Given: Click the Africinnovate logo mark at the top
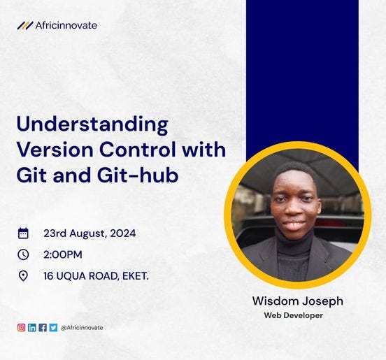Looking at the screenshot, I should click(x=25, y=26).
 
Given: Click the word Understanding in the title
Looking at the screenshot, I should click(x=92, y=126).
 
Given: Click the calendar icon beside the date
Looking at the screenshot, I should click(x=23, y=233).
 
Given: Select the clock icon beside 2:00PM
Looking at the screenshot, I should click(x=23, y=254).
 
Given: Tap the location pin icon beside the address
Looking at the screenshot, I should click(x=23, y=275).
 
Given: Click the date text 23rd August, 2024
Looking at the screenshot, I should click(x=90, y=233).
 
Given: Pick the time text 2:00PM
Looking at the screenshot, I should click(x=62, y=254).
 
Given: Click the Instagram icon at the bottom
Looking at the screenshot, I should click(x=21, y=327).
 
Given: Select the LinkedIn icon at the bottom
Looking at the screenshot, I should click(x=31, y=327).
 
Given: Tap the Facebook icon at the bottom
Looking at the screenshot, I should click(x=42, y=327).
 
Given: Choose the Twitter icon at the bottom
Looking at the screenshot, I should click(x=52, y=327).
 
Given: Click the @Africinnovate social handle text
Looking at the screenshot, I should click(x=82, y=327).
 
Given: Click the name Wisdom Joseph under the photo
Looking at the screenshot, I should click(x=298, y=301).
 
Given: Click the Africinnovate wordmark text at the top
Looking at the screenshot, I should click(x=66, y=26).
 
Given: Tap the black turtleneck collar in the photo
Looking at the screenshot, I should click(x=293, y=245).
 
